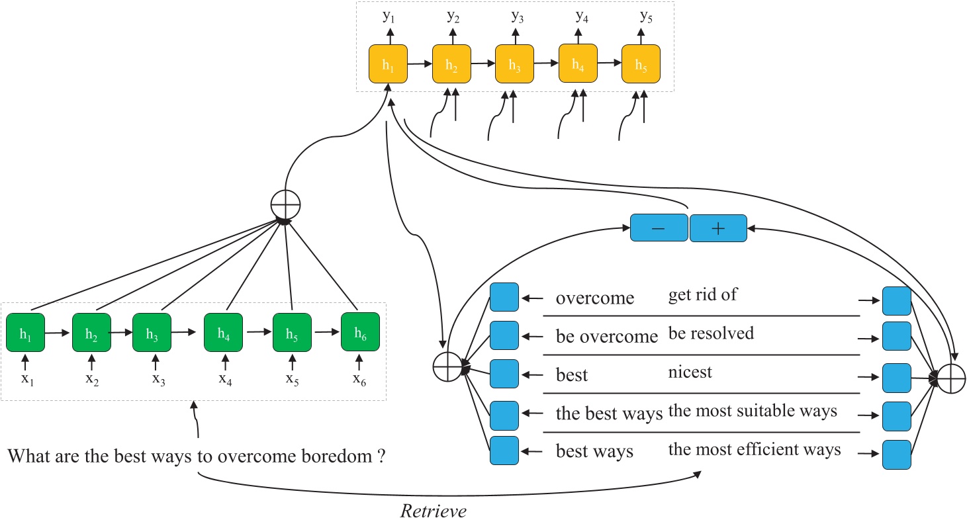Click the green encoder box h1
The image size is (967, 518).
pos(25,334)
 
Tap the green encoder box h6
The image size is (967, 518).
pos(360,334)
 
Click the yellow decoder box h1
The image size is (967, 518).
pos(388,64)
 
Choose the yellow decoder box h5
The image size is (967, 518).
pos(641,64)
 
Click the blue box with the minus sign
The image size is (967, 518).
pos(659,228)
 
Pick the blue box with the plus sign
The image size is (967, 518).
pos(718,228)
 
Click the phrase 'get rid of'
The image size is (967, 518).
pos(702,295)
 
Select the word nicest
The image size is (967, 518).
pos(690,372)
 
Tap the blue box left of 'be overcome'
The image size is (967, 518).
pos(504,335)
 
